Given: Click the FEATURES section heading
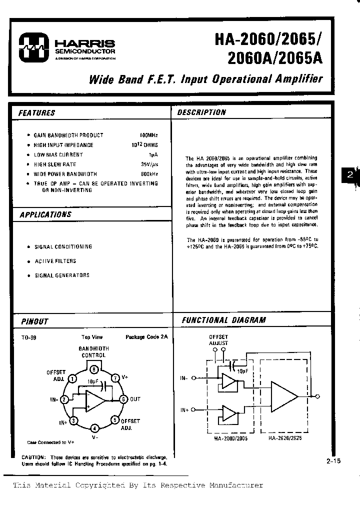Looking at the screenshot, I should (x=36, y=113).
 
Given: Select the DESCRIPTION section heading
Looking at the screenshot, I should (x=201, y=112).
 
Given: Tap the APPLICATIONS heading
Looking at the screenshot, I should (x=45, y=214).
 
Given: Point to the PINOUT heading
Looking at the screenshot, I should (x=34, y=321).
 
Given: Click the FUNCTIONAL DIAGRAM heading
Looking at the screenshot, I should (x=223, y=320).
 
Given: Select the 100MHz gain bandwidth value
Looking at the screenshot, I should (x=148, y=135).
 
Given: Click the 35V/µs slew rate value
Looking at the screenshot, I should (x=149, y=164).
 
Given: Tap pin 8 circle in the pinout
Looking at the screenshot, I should (x=93, y=369).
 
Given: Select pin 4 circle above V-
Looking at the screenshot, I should (x=94, y=427).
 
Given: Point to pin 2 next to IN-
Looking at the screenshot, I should (x=64, y=399).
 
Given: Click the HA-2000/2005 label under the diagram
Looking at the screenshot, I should (x=230, y=437).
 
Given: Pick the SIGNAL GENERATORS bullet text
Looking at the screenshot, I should (x=62, y=275).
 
